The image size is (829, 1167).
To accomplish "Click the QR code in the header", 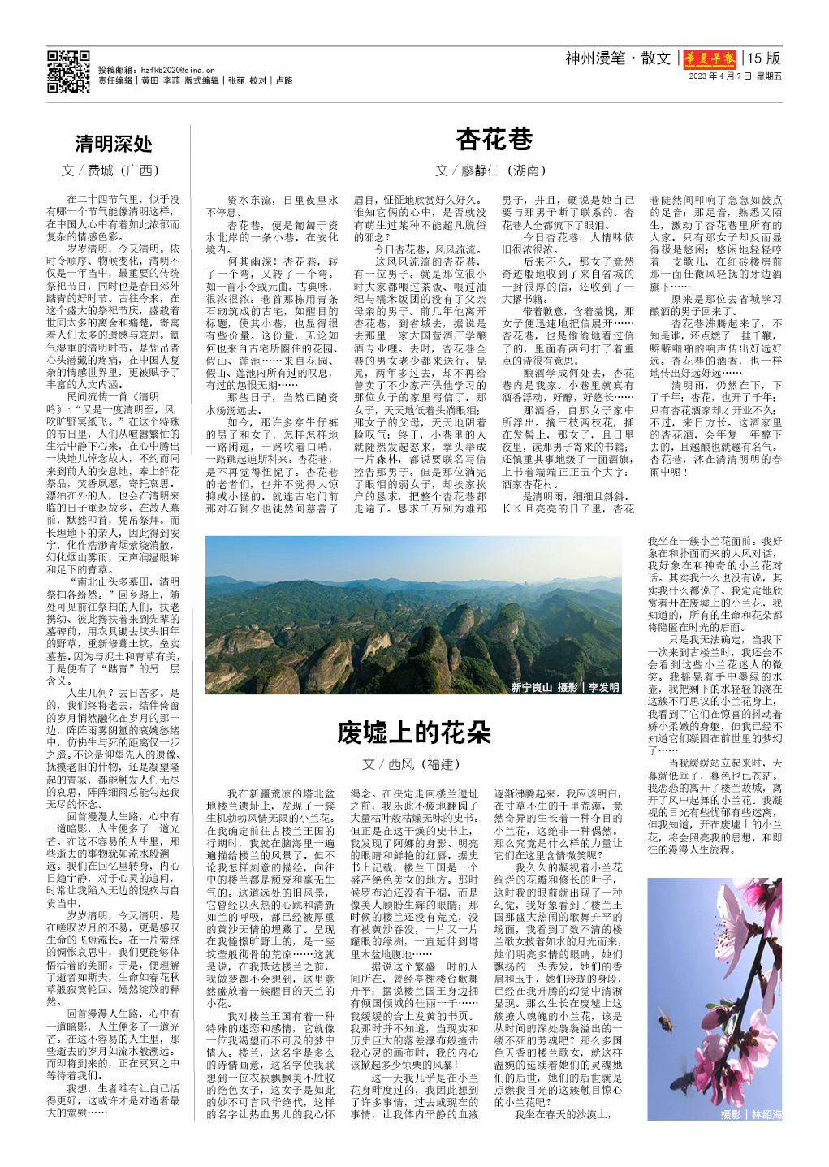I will click(x=68, y=71).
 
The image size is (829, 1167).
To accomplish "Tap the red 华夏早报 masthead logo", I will click(x=710, y=58).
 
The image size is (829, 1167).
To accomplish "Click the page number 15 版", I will click(x=764, y=58).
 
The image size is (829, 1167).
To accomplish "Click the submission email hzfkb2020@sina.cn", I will click(x=178, y=71).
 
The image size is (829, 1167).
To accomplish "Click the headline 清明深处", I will click(x=114, y=145).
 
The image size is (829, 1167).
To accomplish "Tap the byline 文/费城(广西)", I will click(x=110, y=171).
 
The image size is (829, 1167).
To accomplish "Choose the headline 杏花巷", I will click(x=494, y=140).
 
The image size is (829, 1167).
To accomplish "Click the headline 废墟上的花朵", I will click(x=414, y=733).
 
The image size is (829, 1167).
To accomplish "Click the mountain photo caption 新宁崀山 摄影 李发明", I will click(x=564, y=687).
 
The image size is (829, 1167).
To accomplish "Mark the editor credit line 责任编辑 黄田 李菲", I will click(x=139, y=81).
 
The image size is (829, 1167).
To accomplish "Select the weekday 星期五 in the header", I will click(x=769, y=76).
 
